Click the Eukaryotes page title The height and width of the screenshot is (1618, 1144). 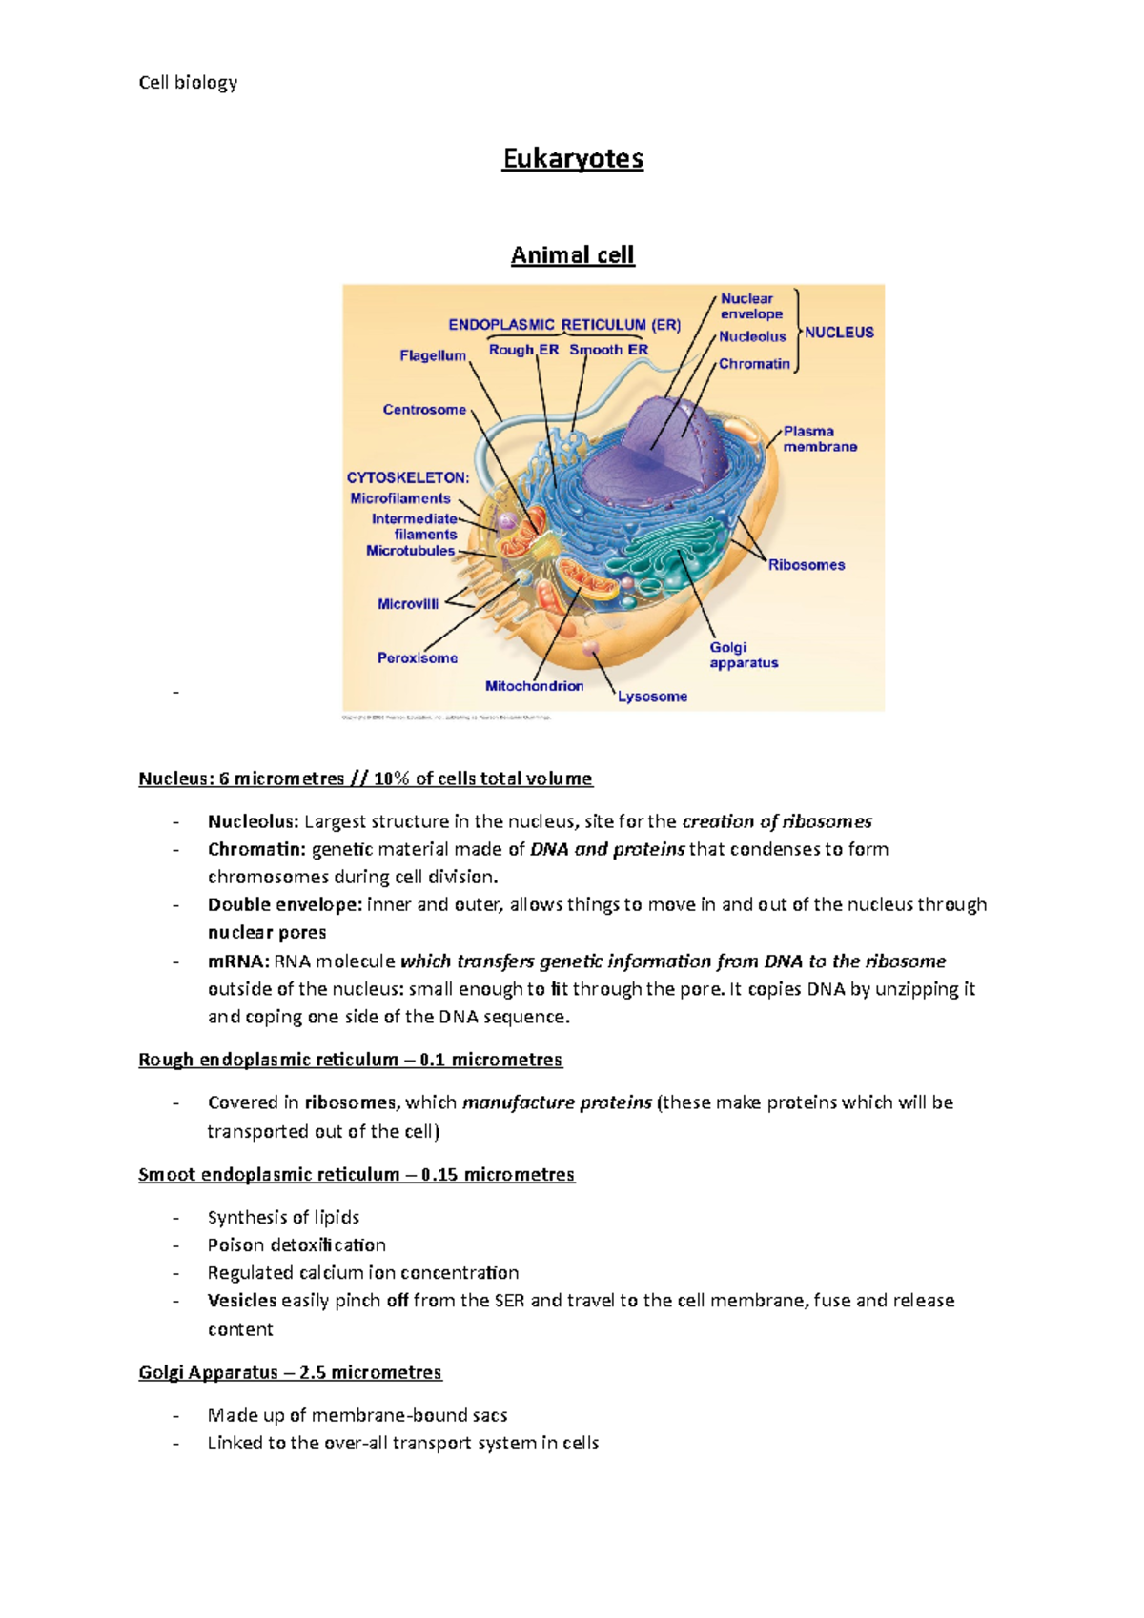pyautogui.click(x=572, y=158)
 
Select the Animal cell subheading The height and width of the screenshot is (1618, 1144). pyautogui.click(x=572, y=255)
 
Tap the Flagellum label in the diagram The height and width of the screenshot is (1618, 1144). pyautogui.click(x=433, y=355)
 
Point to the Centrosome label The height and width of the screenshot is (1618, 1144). pyautogui.click(x=424, y=410)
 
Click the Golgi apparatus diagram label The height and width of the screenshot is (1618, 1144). pyautogui.click(x=744, y=655)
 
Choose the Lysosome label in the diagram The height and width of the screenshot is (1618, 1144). pyautogui.click(x=652, y=697)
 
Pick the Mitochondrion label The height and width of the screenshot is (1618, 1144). pyautogui.click(x=534, y=686)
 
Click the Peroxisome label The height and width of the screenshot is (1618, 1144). pyautogui.click(x=418, y=657)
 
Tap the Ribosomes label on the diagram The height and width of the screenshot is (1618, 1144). pyautogui.click(x=807, y=565)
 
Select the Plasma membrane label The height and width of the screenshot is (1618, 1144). pyautogui.click(x=820, y=438)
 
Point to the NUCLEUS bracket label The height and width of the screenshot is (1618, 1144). pyautogui.click(x=839, y=333)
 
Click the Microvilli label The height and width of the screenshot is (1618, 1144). pyautogui.click(x=408, y=604)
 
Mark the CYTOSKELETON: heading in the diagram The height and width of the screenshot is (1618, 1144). pyautogui.click(x=408, y=477)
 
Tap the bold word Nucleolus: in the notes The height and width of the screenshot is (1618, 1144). pyautogui.click(x=253, y=821)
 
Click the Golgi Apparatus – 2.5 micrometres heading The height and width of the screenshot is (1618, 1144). pyautogui.click(x=290, y=1373)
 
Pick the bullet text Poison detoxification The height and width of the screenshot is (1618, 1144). pyautogui.click(x=296, y=1245)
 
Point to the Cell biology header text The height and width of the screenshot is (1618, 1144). pyautogui.click(x=188, y=83)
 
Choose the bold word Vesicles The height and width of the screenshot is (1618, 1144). pyautogui.click(x=242, y=1301)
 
